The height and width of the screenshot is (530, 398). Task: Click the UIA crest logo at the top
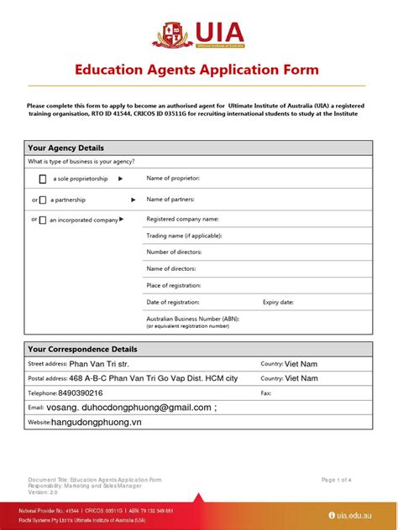(171, 34)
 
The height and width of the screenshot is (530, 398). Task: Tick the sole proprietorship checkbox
(43, 179)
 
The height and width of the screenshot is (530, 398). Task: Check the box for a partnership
(43, 200)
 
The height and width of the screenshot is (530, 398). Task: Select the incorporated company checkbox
(43, 221)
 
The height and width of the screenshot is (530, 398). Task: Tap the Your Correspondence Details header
(82, 349)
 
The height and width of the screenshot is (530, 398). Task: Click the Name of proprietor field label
(173, 178)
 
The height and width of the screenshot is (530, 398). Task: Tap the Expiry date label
(278, 302)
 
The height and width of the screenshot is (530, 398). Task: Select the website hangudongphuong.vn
(97, 423)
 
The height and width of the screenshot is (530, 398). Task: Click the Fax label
(266, 392)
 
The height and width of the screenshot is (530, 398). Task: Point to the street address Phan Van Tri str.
(99, 364)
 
